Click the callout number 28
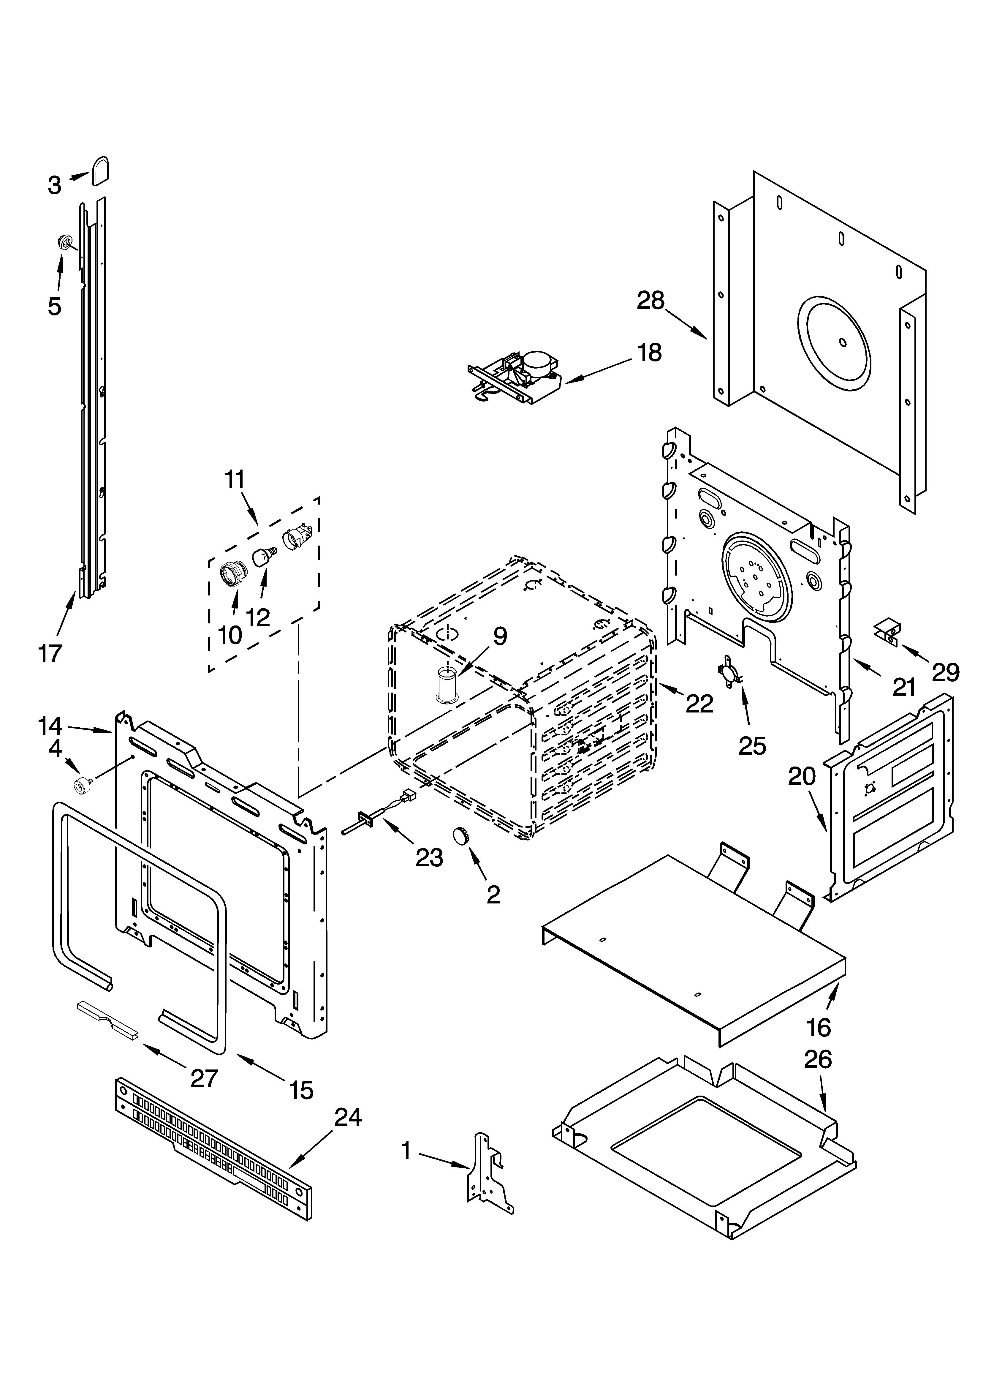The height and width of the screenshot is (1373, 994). pos(651,301)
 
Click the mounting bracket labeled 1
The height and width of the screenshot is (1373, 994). pos(487,1173)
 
